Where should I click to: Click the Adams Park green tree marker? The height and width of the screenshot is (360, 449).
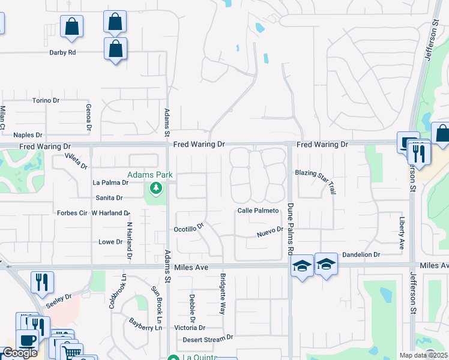pos(156,189)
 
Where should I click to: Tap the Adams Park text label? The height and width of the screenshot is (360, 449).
pos(149,175)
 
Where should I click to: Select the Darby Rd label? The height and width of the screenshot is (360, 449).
pos(62,52)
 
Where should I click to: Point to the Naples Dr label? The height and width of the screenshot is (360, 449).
pos(28,135)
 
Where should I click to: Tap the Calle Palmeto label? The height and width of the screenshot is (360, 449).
pos(258,211)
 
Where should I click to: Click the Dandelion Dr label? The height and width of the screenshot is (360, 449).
pos(361,254)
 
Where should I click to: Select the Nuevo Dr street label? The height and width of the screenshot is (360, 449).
pos(270,230)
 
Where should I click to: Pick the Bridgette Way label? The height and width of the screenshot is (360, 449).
pos(223,294)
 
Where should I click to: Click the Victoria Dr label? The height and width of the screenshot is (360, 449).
pos(190,328)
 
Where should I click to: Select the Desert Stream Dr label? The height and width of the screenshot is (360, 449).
pos(208,338)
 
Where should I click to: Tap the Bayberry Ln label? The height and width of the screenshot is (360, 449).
pos(146,324)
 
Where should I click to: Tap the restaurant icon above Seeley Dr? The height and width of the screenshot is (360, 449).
pos(43,282)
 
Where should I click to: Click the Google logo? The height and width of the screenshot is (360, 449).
pos(20,353)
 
